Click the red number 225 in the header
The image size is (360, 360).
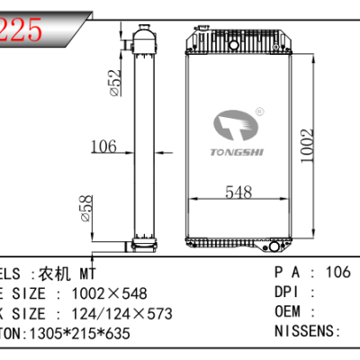(21, 31)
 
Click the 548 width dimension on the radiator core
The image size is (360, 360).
(238, 191)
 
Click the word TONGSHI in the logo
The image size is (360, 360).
(235, 152)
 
